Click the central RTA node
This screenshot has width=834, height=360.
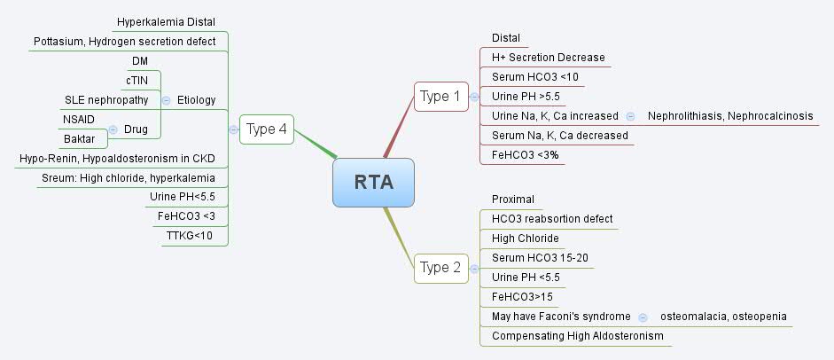(373, 182)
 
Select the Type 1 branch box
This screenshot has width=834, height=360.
(440, 97)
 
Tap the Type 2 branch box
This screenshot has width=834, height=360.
(440, 267)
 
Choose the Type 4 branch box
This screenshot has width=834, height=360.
(266, 129)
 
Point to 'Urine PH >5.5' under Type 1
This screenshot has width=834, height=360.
(526, 96)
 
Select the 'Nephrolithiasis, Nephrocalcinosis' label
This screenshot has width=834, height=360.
(729, 116)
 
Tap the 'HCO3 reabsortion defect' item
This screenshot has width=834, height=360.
(551, 218)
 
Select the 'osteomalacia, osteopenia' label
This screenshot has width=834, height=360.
(723, 316)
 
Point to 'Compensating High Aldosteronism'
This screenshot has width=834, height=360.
(577, 336)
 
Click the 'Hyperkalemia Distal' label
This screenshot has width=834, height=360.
(166, 21)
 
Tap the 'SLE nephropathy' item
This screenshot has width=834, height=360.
(106, 99)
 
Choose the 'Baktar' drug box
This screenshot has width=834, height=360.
(79, 139)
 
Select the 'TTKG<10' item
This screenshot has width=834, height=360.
(190, 236)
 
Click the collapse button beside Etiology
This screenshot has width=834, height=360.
(166, 100)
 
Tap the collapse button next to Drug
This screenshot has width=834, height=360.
(113, 129)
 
